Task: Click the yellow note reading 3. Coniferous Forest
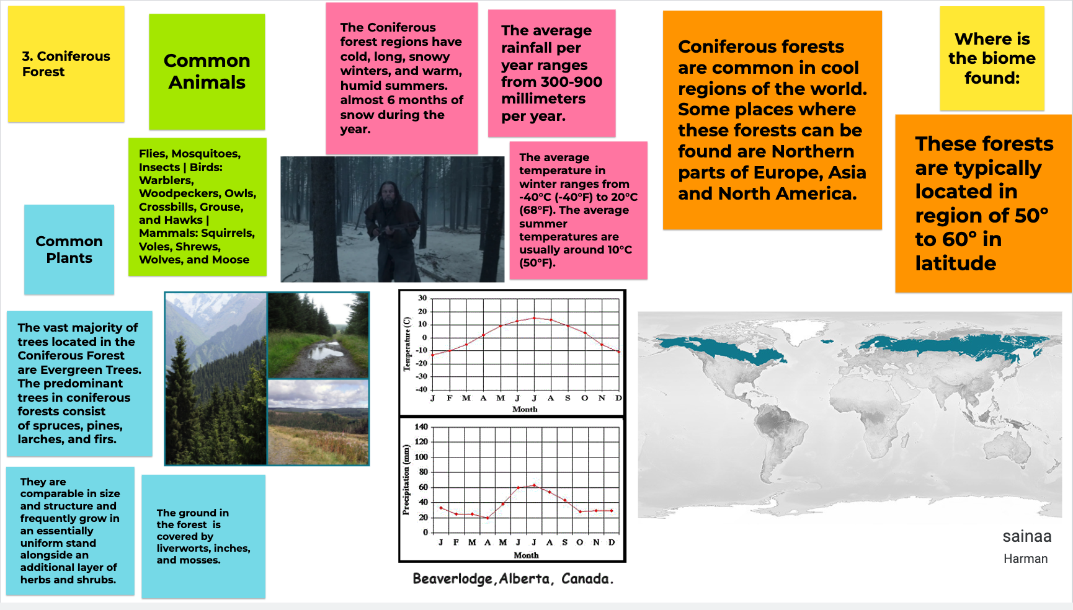tap(66, 64)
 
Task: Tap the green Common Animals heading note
tap(207, 72)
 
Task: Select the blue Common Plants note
tap(69, 249)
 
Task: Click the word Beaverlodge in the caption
tap(453, 579)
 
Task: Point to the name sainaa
tap(1027, 536)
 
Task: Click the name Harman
tap(1026, 559)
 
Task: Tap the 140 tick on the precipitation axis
tap(421, 427)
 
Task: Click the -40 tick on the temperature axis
tap(421, 389)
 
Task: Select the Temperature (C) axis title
tap(407, 344)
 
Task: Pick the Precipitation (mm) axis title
tap(406, 480)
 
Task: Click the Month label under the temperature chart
tap(525, 409)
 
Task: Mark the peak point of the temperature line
tap(534, 318)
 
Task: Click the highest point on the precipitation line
tap(534, 485)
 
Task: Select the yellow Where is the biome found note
tap(992, 58)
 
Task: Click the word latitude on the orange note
tap(956, 263)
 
